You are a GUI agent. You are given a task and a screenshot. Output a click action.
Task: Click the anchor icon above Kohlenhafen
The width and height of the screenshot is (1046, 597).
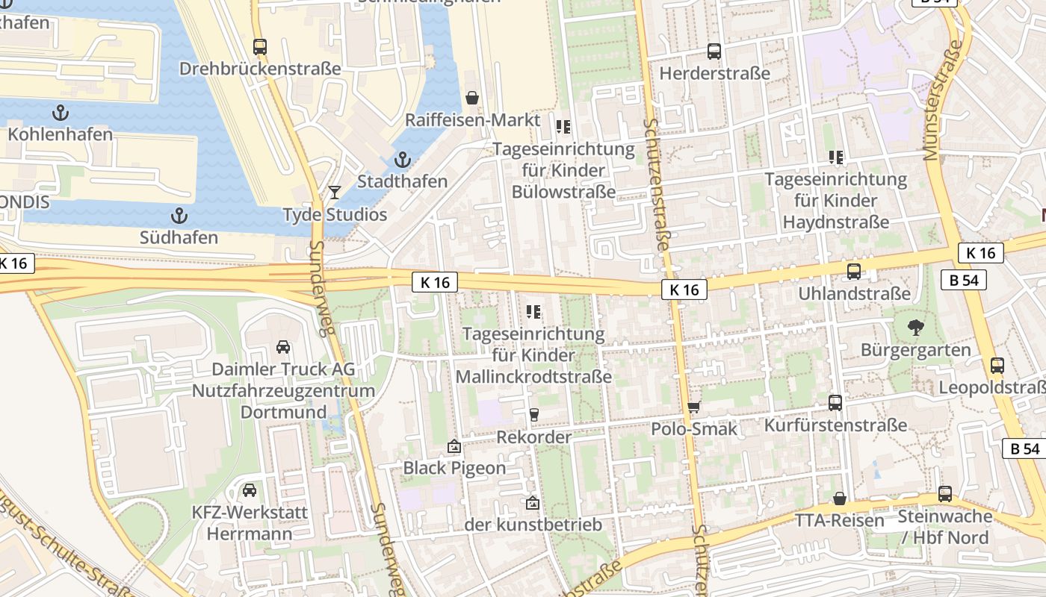tap(61, 113)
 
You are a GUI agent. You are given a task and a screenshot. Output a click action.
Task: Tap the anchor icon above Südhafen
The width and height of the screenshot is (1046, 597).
tap(179, 216)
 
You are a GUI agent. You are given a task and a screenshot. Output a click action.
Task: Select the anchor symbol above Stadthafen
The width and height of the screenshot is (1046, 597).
tap(402, 160)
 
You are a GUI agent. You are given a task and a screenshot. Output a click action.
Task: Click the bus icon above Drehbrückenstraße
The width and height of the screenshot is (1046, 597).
tap(260, 47)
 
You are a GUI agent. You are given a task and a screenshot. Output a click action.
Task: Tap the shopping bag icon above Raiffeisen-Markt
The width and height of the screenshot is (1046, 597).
tap(472, 98)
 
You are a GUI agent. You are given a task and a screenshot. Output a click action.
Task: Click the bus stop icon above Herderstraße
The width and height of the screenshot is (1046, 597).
tap(714, 51)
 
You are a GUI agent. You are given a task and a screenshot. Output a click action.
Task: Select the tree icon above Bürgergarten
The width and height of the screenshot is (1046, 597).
tap(915, 328)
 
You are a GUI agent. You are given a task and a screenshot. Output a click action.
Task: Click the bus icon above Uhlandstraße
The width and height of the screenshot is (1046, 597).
tap(854, 272)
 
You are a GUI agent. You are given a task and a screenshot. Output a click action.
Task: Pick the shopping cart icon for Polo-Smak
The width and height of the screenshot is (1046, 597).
tap(694, 407)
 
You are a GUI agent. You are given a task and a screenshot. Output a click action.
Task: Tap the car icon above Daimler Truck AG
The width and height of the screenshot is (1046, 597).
tap(283, 347)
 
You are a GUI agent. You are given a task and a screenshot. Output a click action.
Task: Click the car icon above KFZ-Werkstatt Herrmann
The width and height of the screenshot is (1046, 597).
tap(250, 490)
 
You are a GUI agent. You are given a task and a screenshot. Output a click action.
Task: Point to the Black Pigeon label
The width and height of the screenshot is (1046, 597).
tap(454, 468)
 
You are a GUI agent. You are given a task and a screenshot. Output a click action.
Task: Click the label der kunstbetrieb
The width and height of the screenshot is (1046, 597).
tap(533, 525)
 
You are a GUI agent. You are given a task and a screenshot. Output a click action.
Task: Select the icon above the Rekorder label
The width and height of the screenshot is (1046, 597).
tap(533, 415)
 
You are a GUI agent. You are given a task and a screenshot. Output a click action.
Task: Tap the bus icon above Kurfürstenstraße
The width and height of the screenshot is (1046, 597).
tap(835, 403)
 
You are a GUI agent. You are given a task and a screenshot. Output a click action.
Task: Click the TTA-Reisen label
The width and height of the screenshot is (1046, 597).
tap(839, 520)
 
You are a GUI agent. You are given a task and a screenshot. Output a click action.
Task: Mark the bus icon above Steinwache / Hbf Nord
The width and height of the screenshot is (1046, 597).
tap(945, 493)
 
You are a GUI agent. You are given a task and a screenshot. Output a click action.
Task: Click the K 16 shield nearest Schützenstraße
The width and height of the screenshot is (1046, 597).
tap(684, 290)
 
